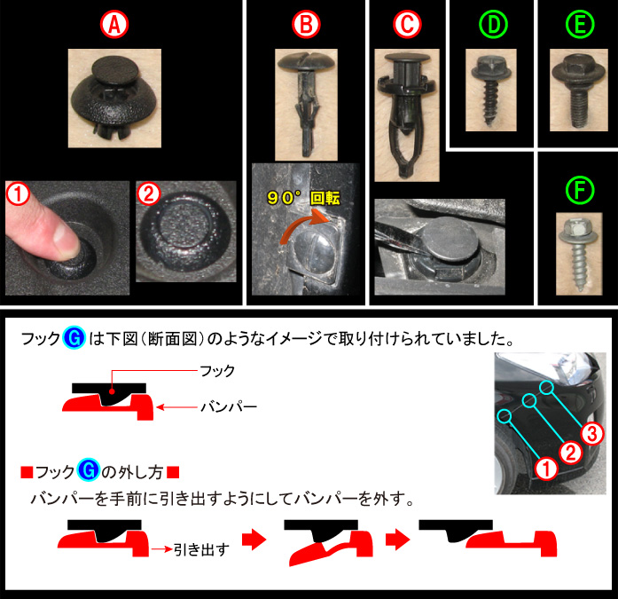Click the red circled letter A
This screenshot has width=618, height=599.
[x=113, y=25]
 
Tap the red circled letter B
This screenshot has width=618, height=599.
[x=306, y=25]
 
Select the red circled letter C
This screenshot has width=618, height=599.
[x=407, y=25]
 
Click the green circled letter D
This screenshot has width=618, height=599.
[x=493, y=25]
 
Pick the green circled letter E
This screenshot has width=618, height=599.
[x=580, y=25]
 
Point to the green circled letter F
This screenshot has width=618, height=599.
[x=580, y=191]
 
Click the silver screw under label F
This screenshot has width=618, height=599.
[x=579, y=254]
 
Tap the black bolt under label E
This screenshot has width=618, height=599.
[x=578, y=90]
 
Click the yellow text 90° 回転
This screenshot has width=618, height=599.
[x=303, y=198]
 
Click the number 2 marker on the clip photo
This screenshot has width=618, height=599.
[x=149, y=193]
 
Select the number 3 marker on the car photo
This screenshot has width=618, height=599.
[x=592, y=434]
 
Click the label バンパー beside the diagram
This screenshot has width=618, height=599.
[x=229, y=406]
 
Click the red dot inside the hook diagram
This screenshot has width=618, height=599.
[x=112, y=391]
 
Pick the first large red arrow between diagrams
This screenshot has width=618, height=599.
[x=254, y=539]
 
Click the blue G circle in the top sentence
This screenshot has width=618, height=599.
[x=74, y=338]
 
